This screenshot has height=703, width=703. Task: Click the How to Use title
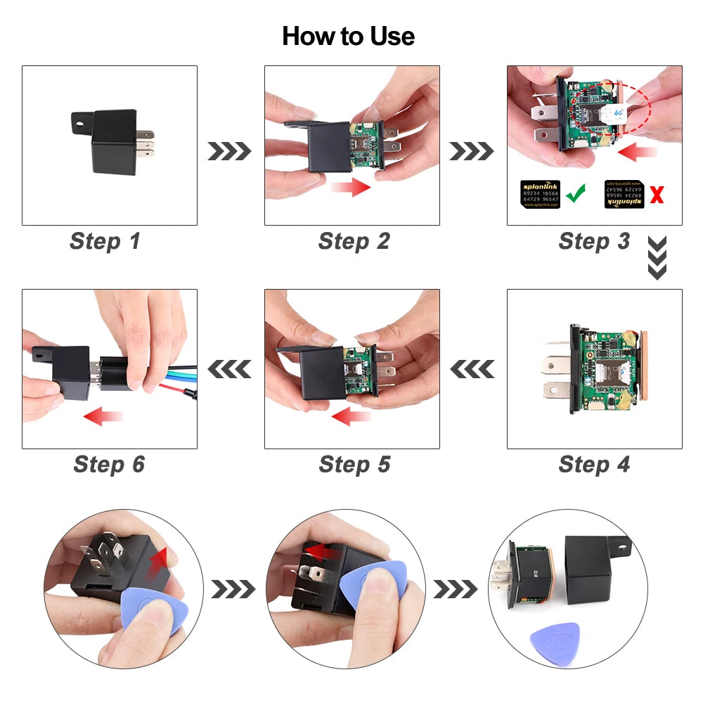[x=348, y=36]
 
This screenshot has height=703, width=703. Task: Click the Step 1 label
[x=105, y=241]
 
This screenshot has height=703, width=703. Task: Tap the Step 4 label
[x=594, y=464]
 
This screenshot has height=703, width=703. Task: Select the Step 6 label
[x=108, y=464]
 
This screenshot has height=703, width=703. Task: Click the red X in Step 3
[x=657, y=195]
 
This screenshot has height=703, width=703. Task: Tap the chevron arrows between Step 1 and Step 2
[x=228, y=150]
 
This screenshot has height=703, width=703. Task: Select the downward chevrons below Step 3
[x=657, y=258]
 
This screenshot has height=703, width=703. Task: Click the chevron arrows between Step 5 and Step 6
[x=228, y=368]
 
